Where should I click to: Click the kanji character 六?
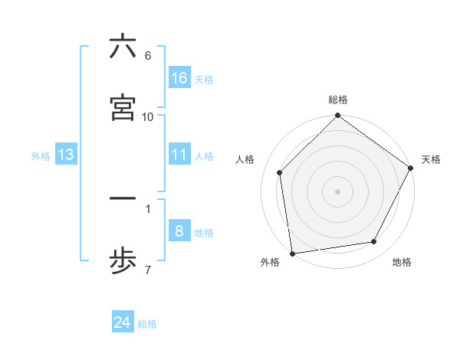point(123,47)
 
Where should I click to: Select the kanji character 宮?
point(123,108)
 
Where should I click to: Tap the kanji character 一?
point(123,199)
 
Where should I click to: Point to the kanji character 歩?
point(123,260)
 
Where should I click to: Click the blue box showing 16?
point(179,77)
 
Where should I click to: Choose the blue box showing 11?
point(179,155)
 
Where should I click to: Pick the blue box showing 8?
point(179,231)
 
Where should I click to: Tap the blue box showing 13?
point(66,155)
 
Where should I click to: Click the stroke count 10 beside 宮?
point(148,116)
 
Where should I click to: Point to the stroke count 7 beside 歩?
point(148,269)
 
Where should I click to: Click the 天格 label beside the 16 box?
point(203,79)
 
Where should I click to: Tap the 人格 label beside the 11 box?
point(203,156)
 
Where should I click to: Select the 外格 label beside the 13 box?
point(41,156)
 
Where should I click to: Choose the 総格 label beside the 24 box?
point(147,324)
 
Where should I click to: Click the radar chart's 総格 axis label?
point(337,100)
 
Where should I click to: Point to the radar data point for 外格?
point(292,253)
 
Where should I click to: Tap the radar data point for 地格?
point(374,241)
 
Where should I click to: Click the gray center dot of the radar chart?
point(337,191)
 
